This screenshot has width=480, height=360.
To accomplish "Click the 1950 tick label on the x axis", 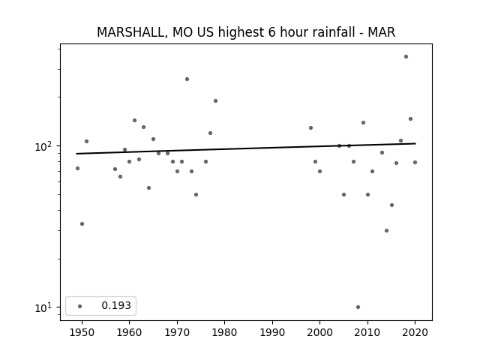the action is pos(82,332).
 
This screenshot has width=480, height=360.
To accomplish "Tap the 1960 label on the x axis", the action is pos(129,332).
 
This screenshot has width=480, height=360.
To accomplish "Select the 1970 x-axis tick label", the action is pos(177,332).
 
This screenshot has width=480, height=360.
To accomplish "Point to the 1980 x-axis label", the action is pos(224,332).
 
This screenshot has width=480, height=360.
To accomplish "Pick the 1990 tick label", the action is pos(272,332).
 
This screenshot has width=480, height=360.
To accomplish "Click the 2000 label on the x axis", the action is pos(320,332).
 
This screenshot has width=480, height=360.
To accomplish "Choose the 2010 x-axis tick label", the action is pos(367,332).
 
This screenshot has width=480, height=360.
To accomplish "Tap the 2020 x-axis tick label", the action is pos(415,332).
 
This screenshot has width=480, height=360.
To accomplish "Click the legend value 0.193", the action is pos(116,305).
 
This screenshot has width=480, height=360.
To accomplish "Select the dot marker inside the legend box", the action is pos(80,306).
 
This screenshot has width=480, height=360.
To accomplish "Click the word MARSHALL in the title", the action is pos(132,32).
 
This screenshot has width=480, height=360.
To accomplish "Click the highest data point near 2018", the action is pos(406,57).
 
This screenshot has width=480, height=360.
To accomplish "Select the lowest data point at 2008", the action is pos(358,307).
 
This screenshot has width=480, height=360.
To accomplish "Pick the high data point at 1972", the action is pos(187,79).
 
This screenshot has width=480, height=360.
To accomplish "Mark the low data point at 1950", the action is pos(82,223).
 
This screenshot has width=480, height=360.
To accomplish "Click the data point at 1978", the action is pos(215,100).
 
